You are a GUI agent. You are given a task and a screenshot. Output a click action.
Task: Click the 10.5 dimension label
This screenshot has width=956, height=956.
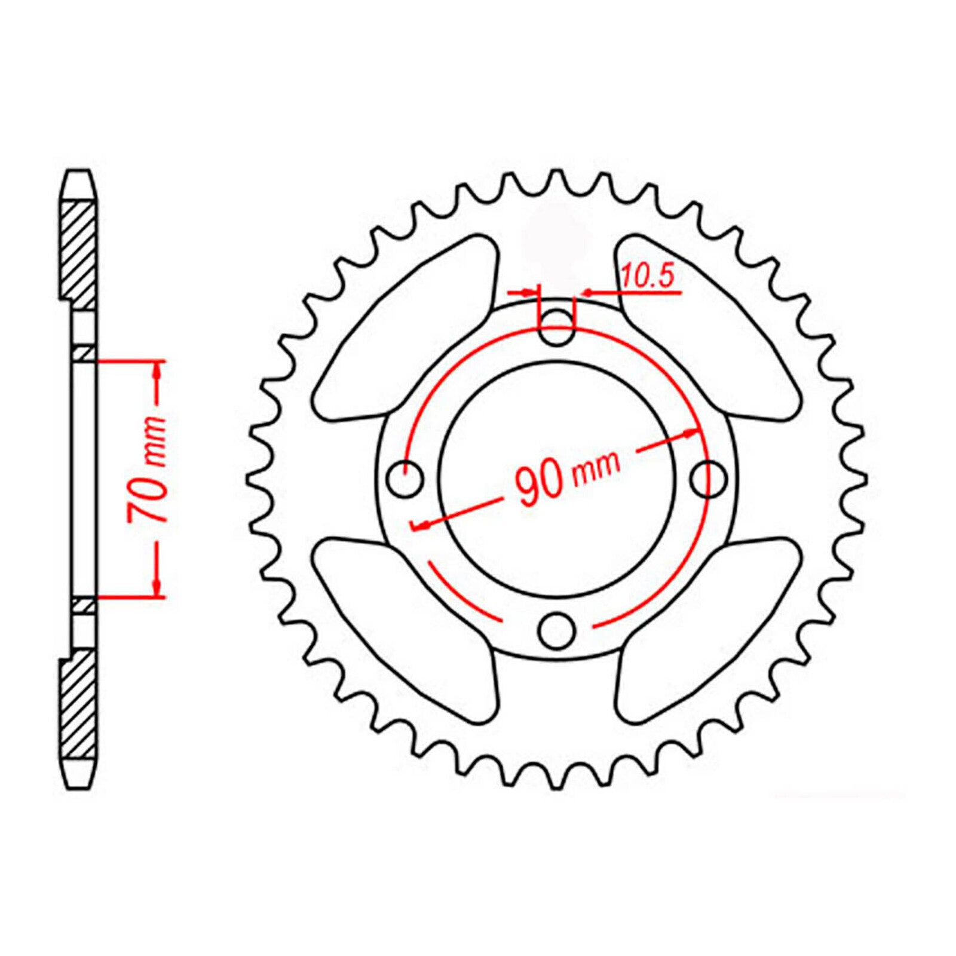(648, 277)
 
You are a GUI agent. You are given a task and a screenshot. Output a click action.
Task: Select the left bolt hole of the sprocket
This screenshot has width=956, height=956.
(406, 479)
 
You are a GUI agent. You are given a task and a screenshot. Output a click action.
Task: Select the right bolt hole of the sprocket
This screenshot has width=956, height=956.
(709, 479)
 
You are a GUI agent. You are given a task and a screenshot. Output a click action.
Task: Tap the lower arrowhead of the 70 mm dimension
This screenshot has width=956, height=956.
(158, 587)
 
